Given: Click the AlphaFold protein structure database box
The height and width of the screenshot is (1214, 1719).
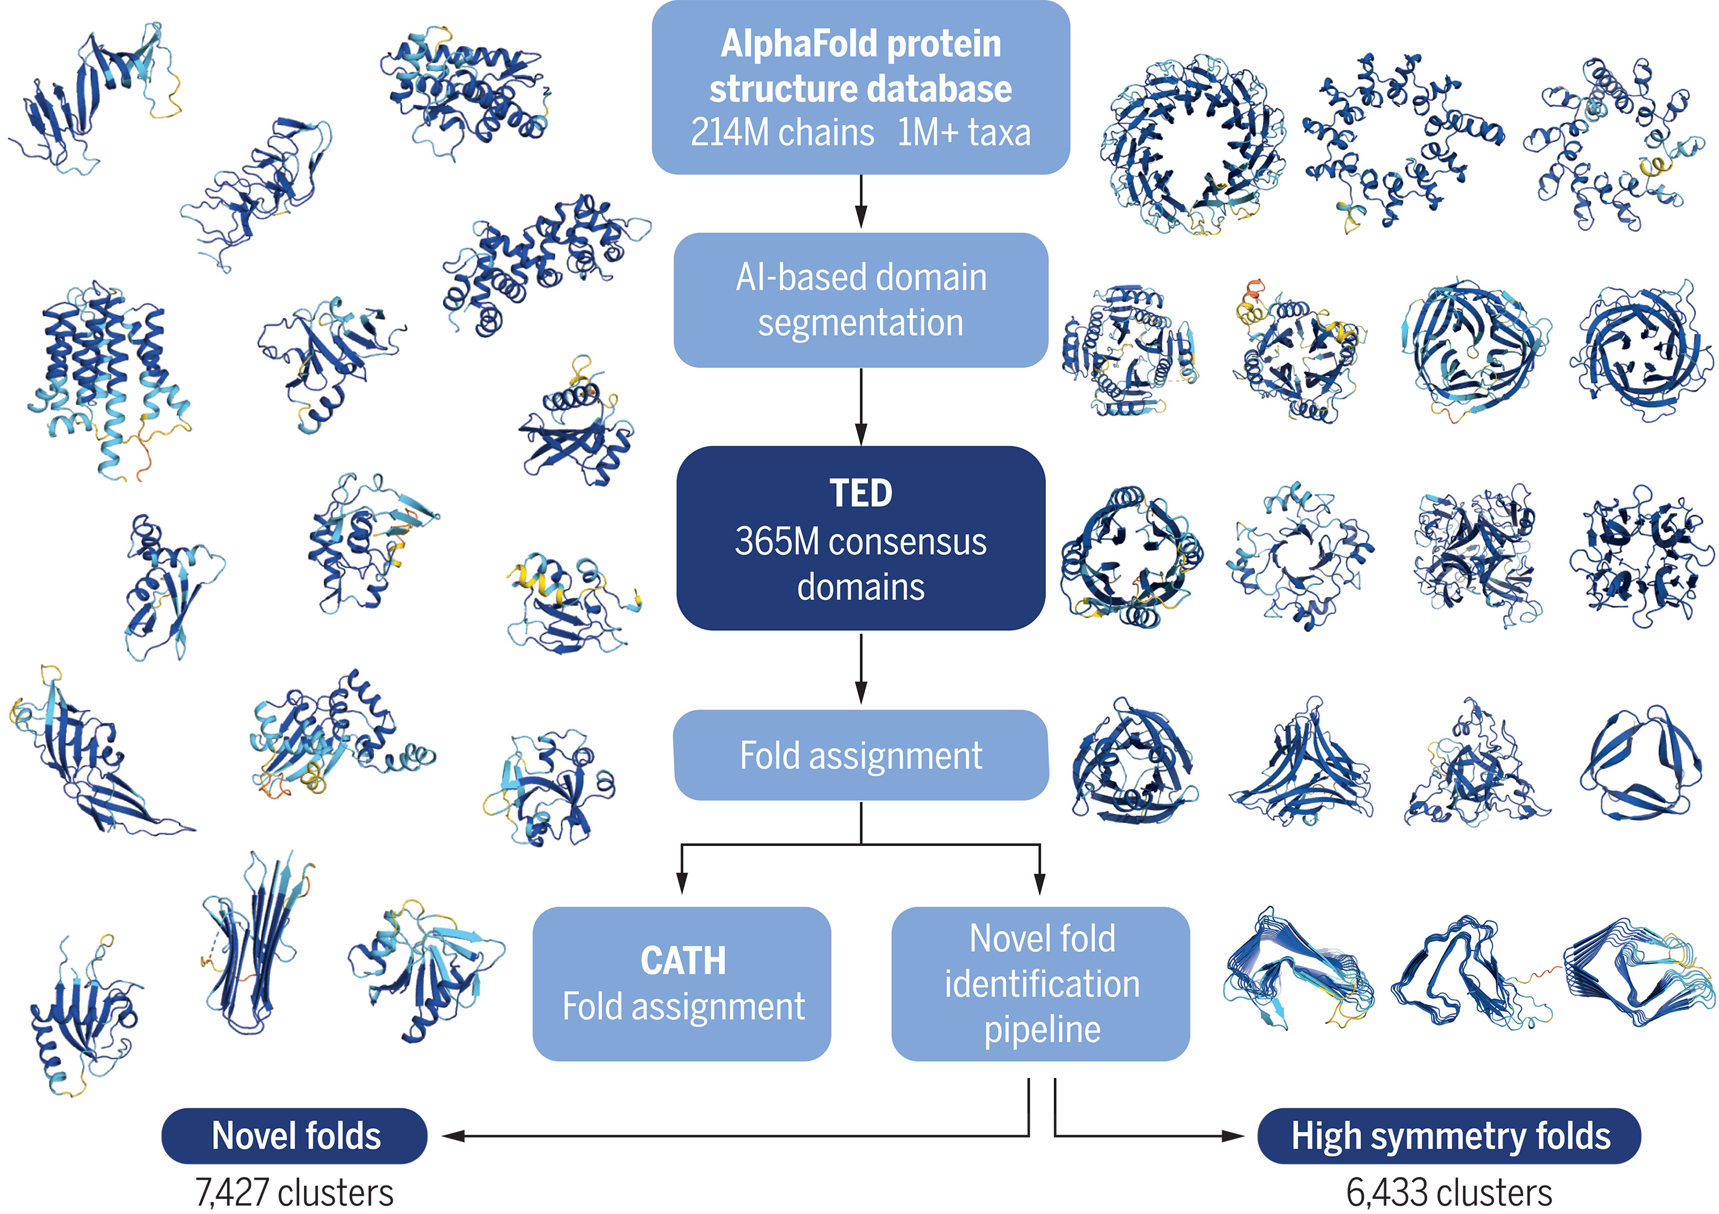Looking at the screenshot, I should [x=860, y=88].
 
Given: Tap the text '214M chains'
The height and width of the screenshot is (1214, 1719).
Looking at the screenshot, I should [x=782, y=134].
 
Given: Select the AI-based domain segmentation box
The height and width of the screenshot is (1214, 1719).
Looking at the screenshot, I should [x=860, y=300].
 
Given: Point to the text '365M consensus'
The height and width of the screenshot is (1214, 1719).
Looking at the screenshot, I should [x=860, y=541].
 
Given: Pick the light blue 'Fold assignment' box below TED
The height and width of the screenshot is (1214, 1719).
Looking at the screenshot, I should [x=860, y=755].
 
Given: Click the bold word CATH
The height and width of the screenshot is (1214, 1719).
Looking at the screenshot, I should [x=683, y=961].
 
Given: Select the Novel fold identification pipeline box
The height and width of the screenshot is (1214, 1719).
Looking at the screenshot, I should [x=1040, y=983].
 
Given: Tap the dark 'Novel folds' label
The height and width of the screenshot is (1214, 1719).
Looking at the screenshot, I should [x=295, y=1135].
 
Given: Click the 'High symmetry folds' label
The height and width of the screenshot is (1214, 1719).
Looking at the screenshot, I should [x=1450, y=1135].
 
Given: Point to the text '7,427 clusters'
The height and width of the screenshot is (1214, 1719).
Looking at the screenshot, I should [x=294, y=1192].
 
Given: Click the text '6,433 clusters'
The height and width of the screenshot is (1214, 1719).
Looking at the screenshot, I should [x=1449, y=1192].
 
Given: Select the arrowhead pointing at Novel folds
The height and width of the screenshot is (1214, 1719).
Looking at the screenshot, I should [x=454, y=1136].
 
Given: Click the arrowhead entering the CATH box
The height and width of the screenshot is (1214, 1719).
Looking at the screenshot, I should [x=682, y=883].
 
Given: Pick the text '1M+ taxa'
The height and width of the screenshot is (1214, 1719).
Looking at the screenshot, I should [x=964, y=134].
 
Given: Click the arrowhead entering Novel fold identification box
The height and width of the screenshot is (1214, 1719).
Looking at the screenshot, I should [x=1039, y=883].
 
